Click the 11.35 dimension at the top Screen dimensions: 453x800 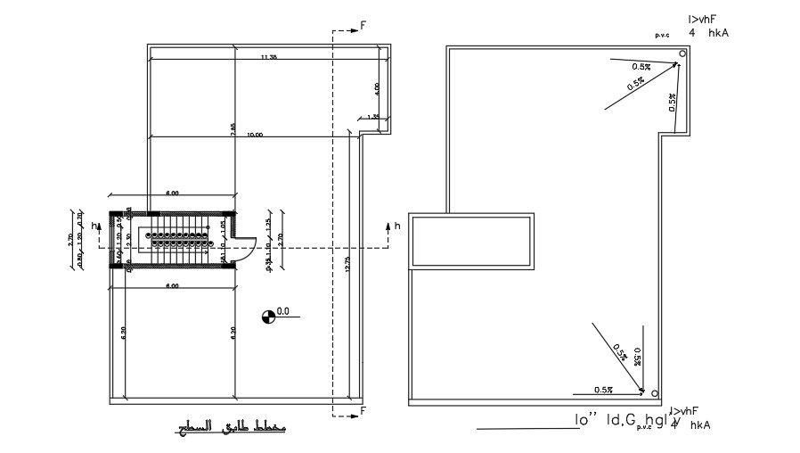tap(268, 57)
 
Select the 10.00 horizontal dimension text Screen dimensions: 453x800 tap(255, 135)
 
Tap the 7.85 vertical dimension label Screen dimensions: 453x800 tap(233, 128)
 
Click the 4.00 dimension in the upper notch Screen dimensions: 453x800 tap(378, 88)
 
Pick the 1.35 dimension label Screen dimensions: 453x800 tap(373, 116)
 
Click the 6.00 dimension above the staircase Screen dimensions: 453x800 tap(173, 193)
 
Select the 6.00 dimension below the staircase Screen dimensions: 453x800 tap(173, 285)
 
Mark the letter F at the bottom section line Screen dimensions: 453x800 tap(363, 410)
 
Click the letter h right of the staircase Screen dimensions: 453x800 tap(397, 226)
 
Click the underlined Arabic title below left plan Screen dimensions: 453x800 tap(230, 429)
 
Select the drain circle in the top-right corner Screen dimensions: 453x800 tap(682, 54)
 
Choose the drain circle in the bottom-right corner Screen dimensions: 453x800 tap(654, 393)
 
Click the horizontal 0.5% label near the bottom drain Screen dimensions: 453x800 tap(604, 390)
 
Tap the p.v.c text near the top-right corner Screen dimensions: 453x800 tap(662, 34)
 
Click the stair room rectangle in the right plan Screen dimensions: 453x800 tap(471, 241)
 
